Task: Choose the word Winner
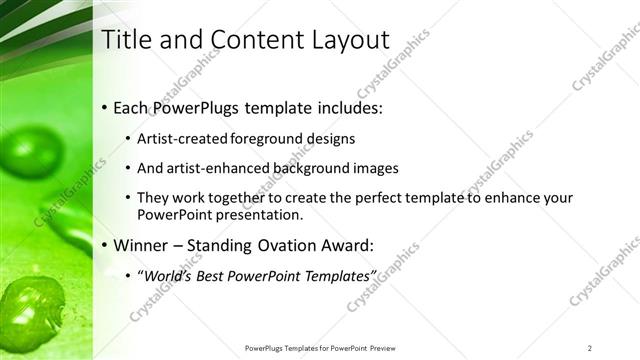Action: [x=143, y=245]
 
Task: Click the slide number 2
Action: [x=590, y=347]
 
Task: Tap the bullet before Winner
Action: [x=104, y=245]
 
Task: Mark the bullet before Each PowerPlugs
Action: [x=104, y=107]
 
